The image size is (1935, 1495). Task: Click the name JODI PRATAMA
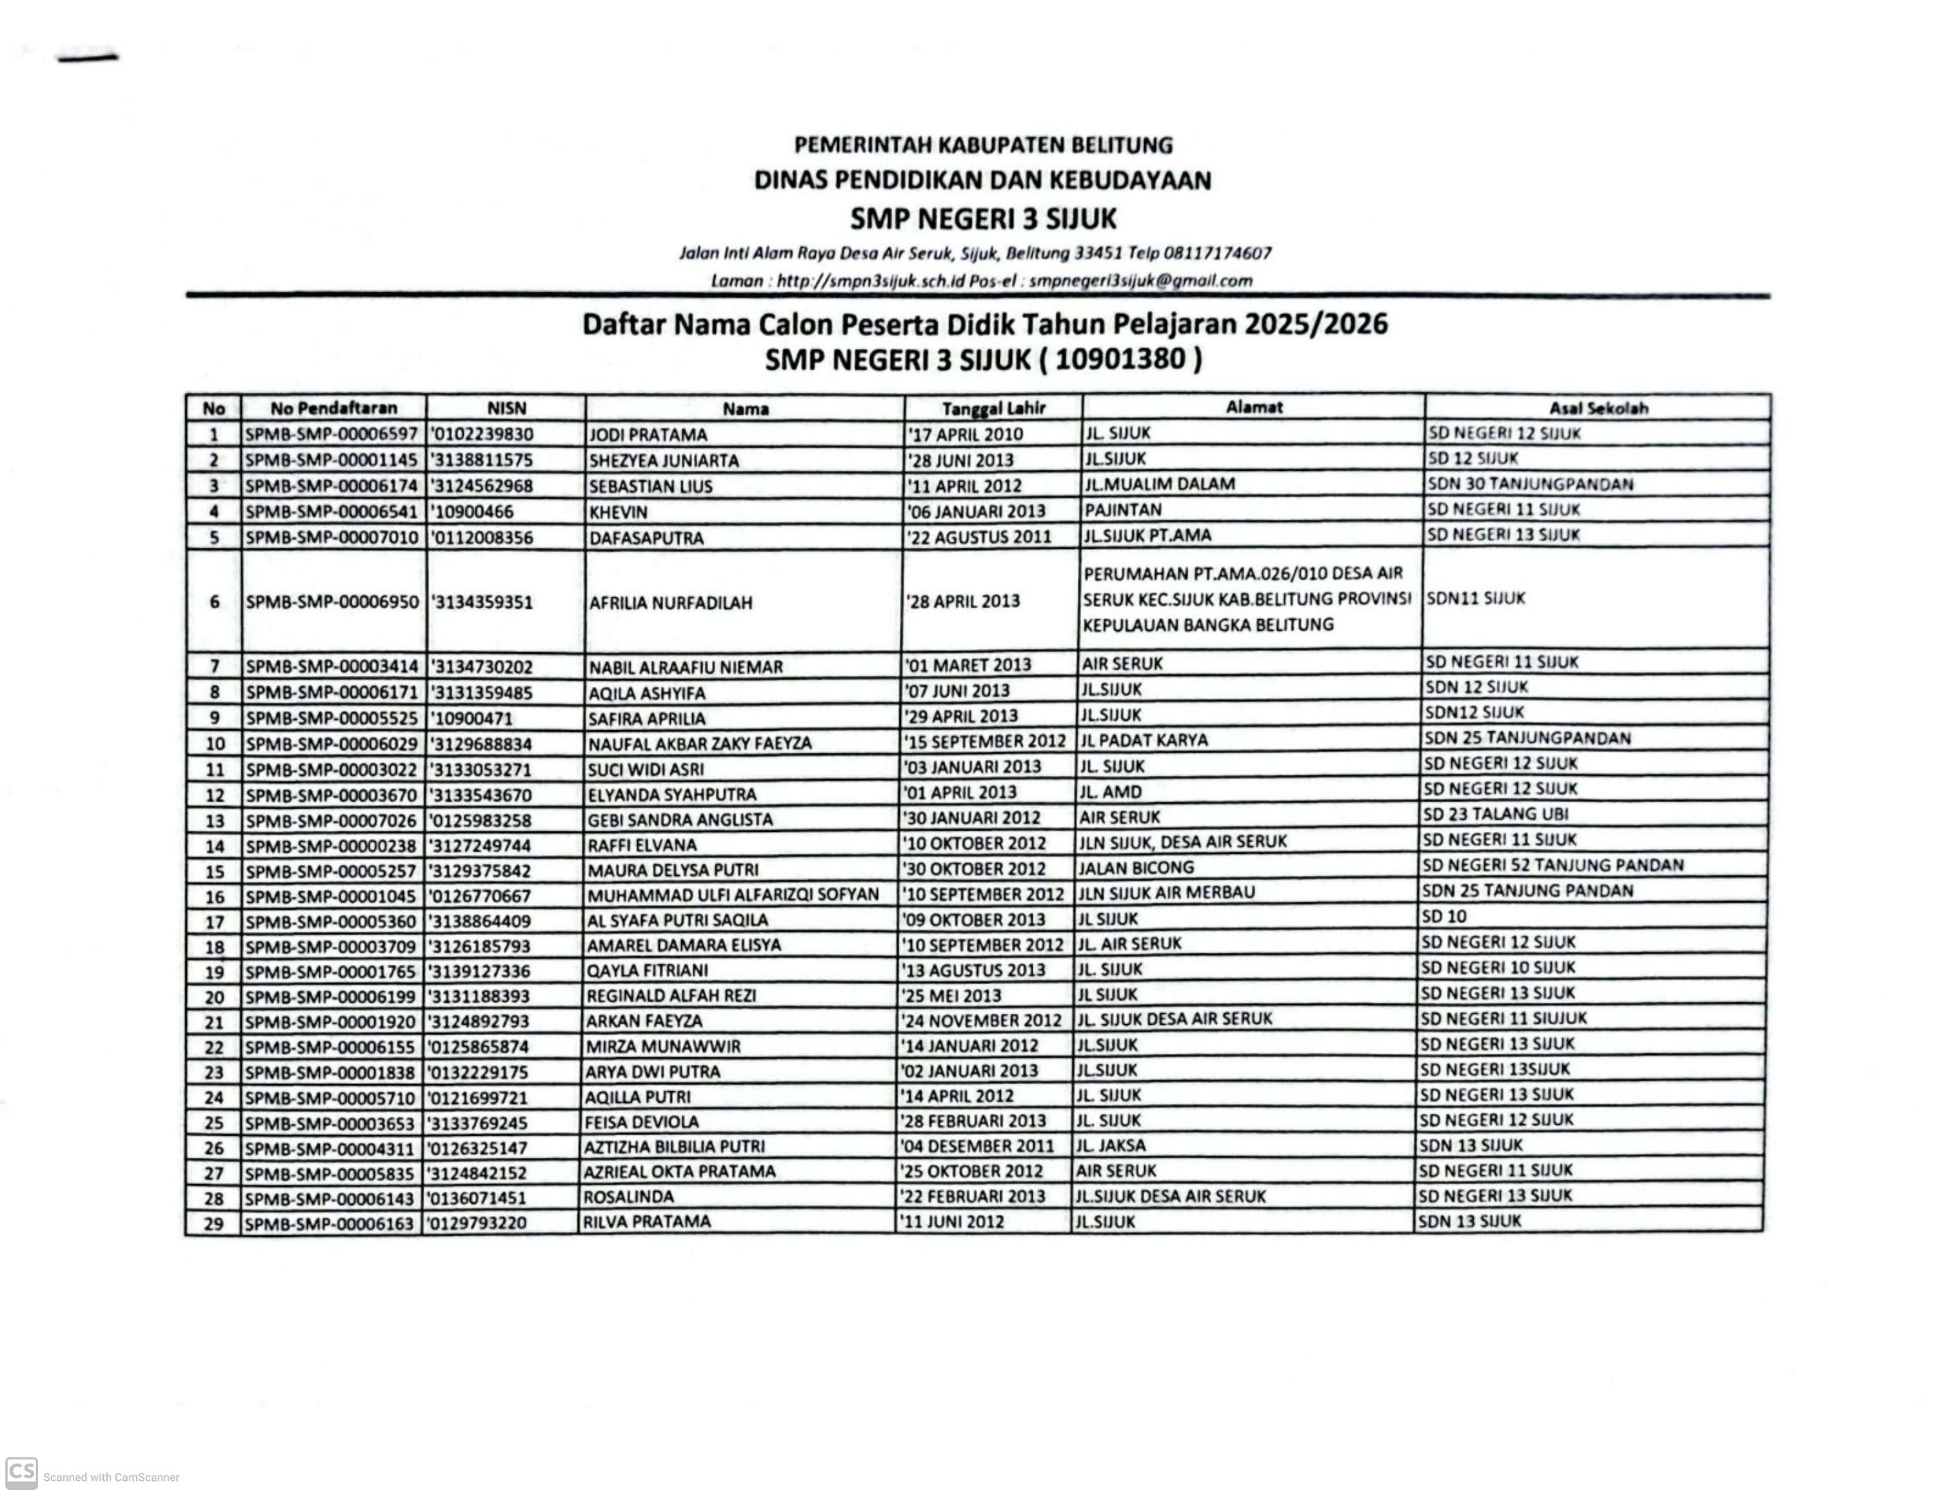648,435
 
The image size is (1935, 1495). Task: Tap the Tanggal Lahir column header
993,408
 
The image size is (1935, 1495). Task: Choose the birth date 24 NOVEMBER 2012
982,1020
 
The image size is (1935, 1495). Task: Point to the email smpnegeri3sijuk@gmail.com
1140,281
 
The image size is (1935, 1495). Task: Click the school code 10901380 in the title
1120,359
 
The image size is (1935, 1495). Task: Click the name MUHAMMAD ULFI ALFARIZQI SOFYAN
733,895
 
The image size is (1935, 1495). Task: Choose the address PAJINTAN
1122,510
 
